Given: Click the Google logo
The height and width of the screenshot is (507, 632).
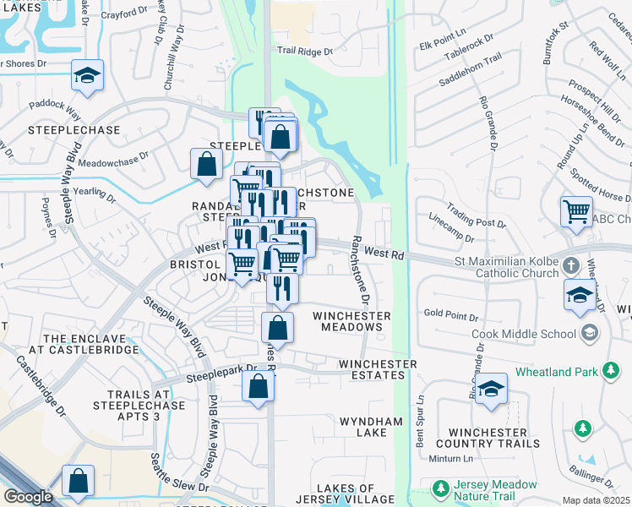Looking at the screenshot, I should click(28, 497).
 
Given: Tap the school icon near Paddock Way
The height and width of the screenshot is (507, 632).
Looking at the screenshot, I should click(87, 76).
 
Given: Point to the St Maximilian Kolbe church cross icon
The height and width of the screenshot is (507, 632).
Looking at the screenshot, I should click(572, 266).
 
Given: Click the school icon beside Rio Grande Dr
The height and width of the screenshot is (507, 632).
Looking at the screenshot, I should click(490, 389).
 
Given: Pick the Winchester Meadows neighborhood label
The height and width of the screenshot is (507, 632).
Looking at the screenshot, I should click(351, 322).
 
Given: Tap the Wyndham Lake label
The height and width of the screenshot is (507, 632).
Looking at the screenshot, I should click(363, 427).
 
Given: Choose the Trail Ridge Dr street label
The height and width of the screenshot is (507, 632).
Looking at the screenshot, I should click(306, 51).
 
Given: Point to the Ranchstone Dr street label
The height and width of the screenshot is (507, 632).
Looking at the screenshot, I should click(361, 270).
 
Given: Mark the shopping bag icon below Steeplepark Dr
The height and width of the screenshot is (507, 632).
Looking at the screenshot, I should click(259, 388).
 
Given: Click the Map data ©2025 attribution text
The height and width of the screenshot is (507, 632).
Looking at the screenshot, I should click(597, 500).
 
